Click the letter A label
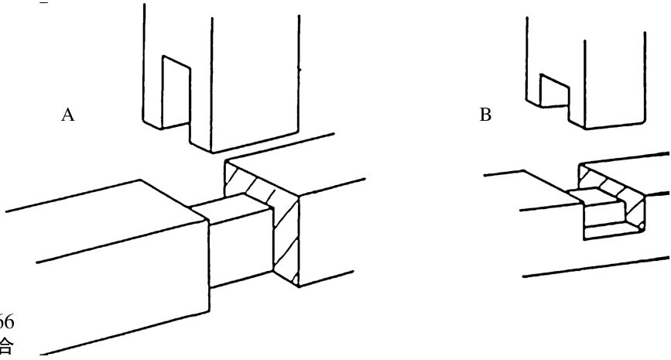pos(67,116)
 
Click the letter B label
pos(485,116)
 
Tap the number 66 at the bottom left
pos(10,321)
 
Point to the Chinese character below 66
pos(10,341)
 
